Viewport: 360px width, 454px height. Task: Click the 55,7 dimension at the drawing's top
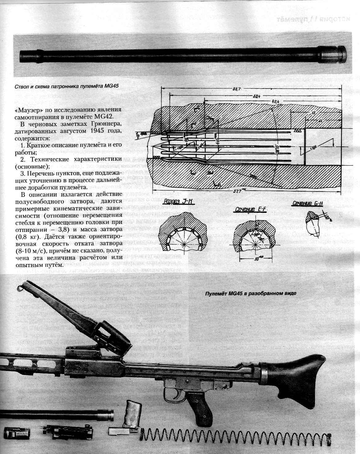click(x=237, y=89)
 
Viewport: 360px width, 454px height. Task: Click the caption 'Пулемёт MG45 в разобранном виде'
click(x=251, y=293)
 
